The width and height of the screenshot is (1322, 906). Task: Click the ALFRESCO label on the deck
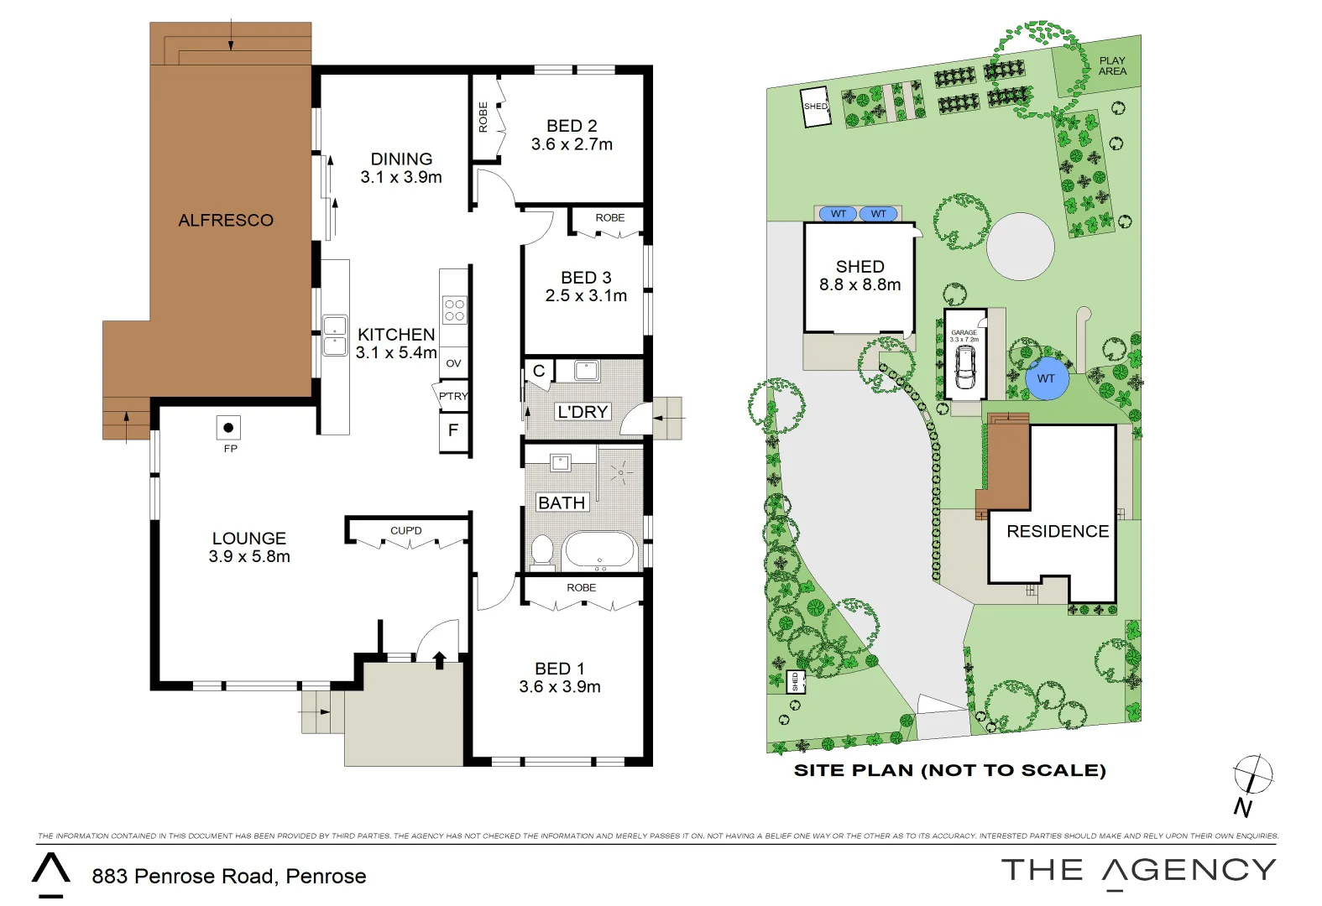(226, 220)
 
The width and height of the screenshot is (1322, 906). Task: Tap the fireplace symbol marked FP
(228, 428)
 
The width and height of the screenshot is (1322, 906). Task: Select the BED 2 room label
(572, 135)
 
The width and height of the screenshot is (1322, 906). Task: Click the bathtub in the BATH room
(599, 550)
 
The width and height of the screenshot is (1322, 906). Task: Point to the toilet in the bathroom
(542, 551)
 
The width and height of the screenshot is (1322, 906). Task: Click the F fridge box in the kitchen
(453, 430)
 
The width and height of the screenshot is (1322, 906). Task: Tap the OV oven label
(453, 363)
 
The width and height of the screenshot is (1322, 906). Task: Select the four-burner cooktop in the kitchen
(454, 310)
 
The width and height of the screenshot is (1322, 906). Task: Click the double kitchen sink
(335, 336)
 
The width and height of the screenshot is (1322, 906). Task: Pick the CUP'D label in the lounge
(406, 530)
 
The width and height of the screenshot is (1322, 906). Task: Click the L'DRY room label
(583, 412)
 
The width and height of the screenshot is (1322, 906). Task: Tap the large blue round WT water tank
(1046, 378)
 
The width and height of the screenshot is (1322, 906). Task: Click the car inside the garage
(965, 367)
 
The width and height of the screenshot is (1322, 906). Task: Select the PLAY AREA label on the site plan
(1112, 65)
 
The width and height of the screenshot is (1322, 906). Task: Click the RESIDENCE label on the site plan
(1058, 531)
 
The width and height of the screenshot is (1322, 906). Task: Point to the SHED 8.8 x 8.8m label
(860, 275)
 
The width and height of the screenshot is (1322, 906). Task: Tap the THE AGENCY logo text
(1138, 870)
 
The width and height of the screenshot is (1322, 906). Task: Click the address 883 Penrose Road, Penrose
(229, 876)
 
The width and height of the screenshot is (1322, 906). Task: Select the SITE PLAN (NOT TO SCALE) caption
(949, 770)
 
